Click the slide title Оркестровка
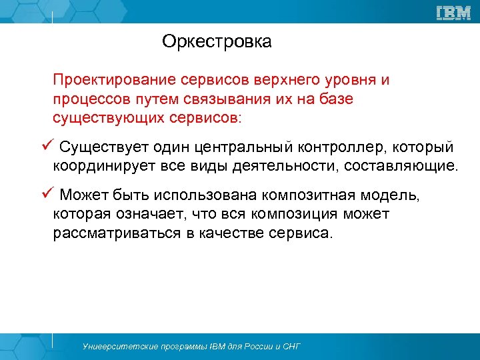(x=217, y=42)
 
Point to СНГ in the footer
(x=291, y=347)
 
